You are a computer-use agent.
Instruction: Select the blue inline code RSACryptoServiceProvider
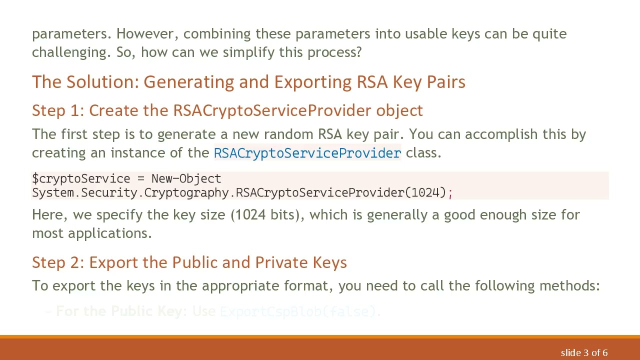[x=307, y=153]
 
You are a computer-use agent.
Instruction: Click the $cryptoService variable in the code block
[x=81, y=179]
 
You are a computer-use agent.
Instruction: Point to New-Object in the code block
[x=186, y=179]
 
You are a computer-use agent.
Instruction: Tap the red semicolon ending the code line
[x=450, y=193]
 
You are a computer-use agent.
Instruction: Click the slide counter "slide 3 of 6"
[x=584, y=353]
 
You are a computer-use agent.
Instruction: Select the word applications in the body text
[x=109, y=233]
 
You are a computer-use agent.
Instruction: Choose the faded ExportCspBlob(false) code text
[x=298, y=312]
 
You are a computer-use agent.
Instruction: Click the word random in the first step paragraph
[x=288, y=134]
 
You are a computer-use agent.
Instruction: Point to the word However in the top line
[x=147, y=34]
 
